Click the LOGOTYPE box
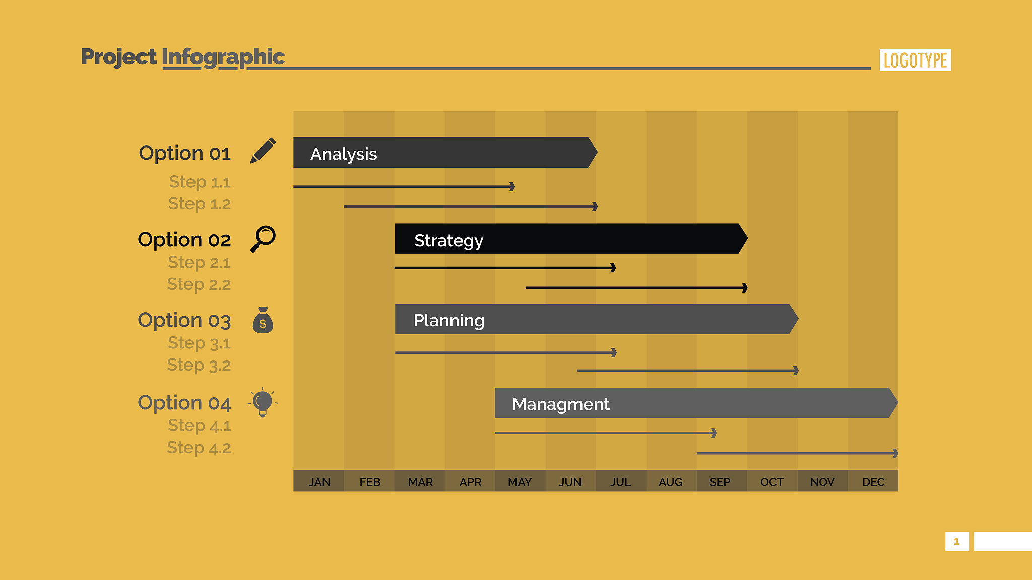[915, 60]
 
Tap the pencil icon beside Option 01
[263, 151]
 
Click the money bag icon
[263, 320]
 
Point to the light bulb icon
[263, 402]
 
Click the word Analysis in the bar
[344, 154]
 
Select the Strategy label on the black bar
[448, 241]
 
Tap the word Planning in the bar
[449, 321]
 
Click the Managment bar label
[561, 404]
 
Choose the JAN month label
[319, 482]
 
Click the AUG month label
[671, 482]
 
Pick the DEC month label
[873, 482]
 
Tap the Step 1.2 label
[200, 204]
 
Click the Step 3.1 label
[199, 343]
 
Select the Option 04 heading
[184, 403]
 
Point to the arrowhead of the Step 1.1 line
[512, 187]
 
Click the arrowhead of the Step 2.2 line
[745, 288]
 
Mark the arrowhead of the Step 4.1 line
[714, 433]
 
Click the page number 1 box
[957, 541]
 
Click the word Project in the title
[119, 57]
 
